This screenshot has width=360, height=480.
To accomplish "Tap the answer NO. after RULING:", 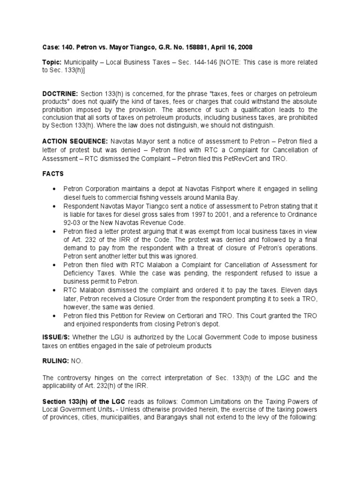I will tap(76, 360).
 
